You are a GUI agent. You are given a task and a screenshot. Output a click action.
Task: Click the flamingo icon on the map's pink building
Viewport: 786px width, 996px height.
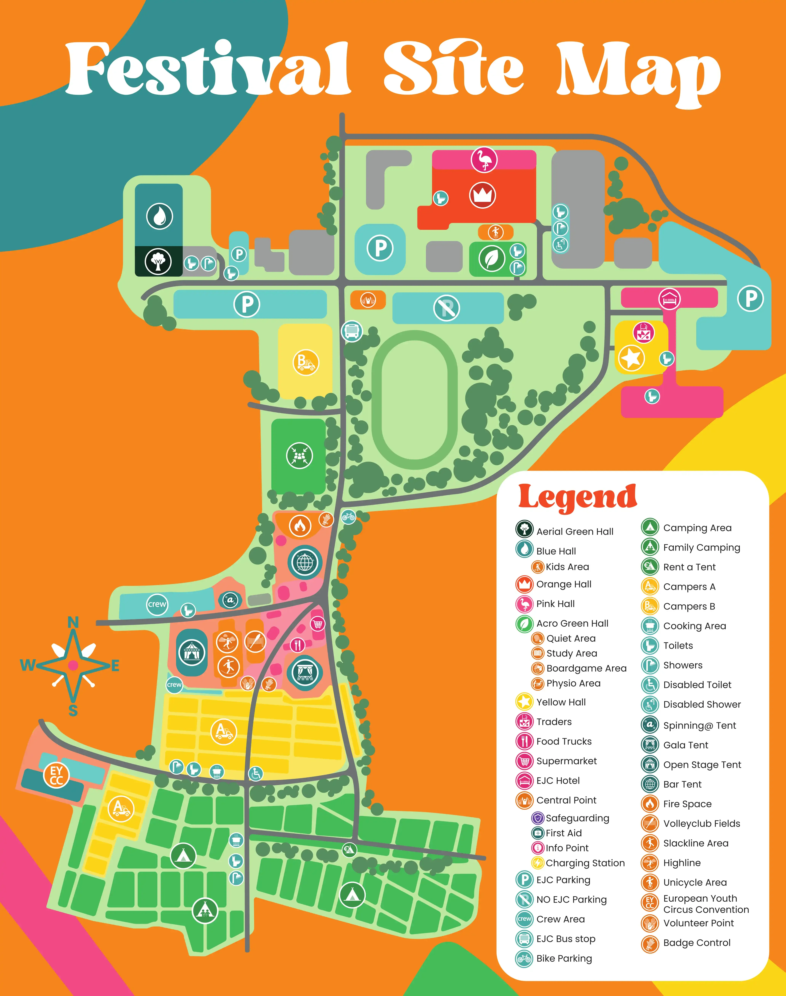point(484,160)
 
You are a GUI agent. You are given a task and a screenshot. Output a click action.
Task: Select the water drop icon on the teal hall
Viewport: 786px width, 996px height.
point(159,216)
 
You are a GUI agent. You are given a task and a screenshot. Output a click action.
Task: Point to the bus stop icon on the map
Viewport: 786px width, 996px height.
point(352,331)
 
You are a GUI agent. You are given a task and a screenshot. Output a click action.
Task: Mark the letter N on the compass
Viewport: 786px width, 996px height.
point(73,623)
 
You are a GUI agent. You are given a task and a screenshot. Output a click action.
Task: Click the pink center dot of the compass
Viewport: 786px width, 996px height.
point(73,665)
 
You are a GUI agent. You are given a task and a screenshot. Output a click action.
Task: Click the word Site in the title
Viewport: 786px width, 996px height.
point(453,69)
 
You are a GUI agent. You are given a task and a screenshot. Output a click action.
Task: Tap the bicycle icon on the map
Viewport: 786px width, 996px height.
point(348,517)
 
